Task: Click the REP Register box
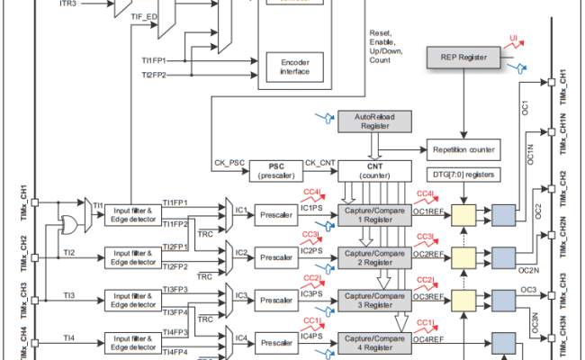tap(463, 58)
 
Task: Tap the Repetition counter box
tap(464, 149)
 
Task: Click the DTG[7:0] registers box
tap(463, 172)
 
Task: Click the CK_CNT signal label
tap(319, 163)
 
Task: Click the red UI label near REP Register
tap(514, 40)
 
